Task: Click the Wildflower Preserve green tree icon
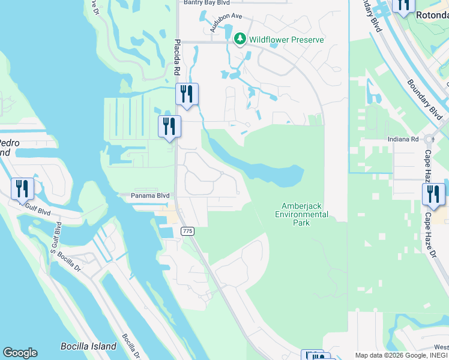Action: pyautogui.click(x=240, y=40)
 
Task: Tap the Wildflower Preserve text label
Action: pyautogui.click(x=287, y=40)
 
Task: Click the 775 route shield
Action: pyautogui.click(x=187, y=231)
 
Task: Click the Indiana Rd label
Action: pyautogui.click(x=402, y=139)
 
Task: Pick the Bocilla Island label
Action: pyautogui.click(x=88, y=346)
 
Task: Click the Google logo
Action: pyautogui.click(x=20, y=353)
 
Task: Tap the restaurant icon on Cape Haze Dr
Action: pyautogui.click(x=433, y=194)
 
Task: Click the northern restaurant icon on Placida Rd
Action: pyautogui.click(x=187, y=94)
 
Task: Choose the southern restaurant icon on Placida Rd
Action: pyautogui.click(x=169, y=126)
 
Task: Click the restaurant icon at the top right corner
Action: pyautogui.click(x=402, y=5)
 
